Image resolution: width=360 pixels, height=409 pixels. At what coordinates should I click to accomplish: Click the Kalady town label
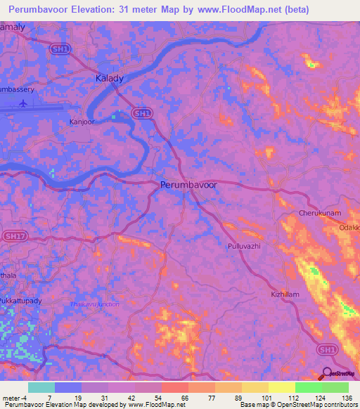[x=109, y=79]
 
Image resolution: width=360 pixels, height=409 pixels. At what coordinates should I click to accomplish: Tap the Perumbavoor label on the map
[x=188, y=184]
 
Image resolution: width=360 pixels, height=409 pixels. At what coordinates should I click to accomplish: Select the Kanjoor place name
[x=82, y=122]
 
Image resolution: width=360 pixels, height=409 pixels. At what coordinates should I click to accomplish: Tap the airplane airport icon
[x=24, y=103]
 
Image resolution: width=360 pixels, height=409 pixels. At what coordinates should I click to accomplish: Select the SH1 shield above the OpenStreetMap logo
[x=325, y=349]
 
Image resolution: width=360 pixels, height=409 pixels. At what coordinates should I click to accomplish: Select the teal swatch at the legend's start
[x=41, y=387]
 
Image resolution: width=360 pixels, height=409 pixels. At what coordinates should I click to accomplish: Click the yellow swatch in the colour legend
[x=281, y=387]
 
